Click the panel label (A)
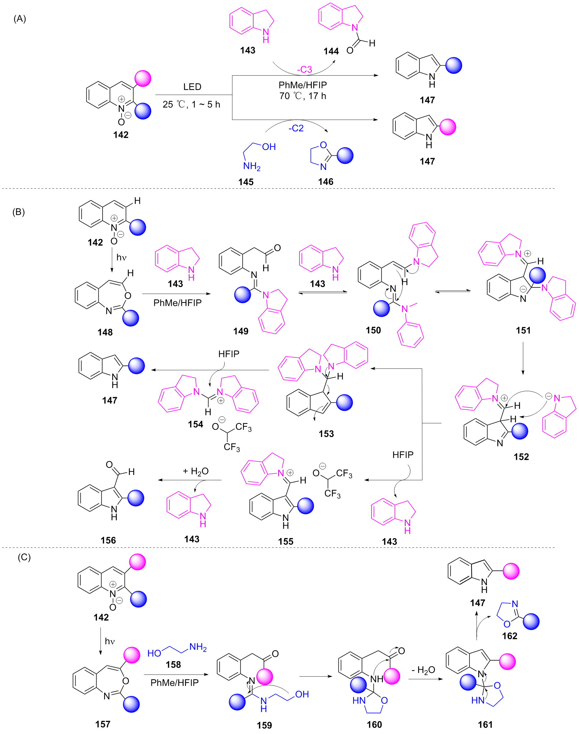coord(20,19)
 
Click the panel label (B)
coord(19,212)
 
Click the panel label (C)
coord(24,557)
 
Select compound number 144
coord(331,51)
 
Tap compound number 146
coord(325,182)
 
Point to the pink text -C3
coord(304,70)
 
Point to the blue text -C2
coord(296,128)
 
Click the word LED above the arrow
coord(192,87)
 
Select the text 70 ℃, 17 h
coord(303,96)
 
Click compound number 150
coord(373,330)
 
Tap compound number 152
coord(521,457)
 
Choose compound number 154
coord(196,424)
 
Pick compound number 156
coord(108,540)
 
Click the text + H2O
coord(196,471)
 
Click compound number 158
coord(173,664)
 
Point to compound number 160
coord(374,724)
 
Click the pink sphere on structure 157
coord(131,655)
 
